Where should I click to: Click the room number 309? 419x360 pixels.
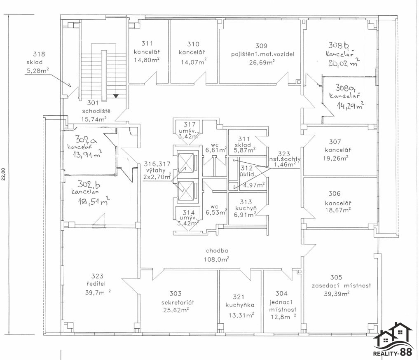click(261, 46)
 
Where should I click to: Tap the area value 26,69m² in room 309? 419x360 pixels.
click(261, 62)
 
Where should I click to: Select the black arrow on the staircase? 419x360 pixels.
click(116, 96)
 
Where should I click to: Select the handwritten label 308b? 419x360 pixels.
click(339, 45)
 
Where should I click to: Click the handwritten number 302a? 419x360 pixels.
click(86, 140)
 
